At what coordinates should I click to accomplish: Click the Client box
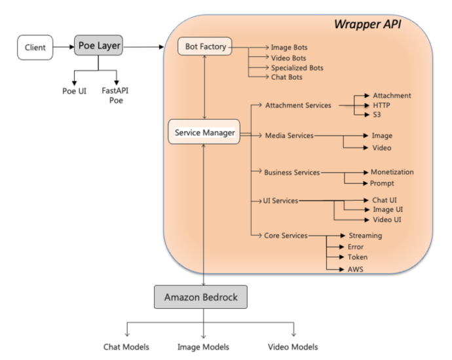coord(35,48)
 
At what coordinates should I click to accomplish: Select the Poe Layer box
coord(98,45)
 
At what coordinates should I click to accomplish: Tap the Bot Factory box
coord(205,46)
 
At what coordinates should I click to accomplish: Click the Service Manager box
coord(204,132)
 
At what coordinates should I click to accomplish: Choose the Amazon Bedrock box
coord(200,297)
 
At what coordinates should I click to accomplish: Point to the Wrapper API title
coord(367,24)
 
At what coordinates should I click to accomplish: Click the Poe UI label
coord(75,91)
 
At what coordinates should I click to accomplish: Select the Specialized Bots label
coord(297,68)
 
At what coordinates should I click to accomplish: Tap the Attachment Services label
coord(298,105)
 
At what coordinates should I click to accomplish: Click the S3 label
coord(377,115)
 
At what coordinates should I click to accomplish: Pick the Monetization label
coord(392,172)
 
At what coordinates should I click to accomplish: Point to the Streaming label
coord(366,236)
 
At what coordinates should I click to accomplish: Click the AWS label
coord(356,269)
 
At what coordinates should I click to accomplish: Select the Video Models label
coord(293,347)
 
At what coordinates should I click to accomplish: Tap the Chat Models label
coord(126,347)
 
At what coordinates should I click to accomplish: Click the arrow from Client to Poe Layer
coord(64,46)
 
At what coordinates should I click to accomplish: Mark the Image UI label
coord(388,209)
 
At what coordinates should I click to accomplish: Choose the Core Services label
coord(286,236)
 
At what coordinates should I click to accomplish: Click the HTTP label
coord(381,105)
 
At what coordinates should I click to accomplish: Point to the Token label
coord(358,257)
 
